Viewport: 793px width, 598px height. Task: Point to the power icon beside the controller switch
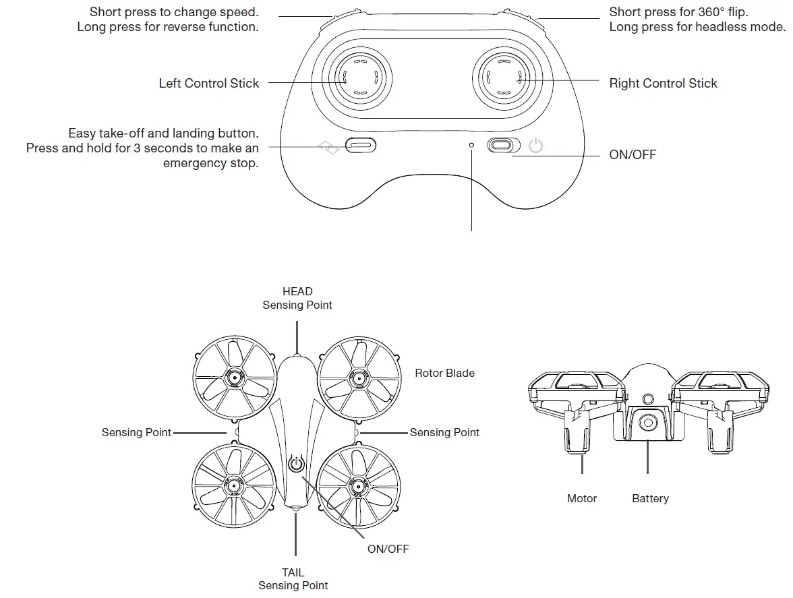point(536,146)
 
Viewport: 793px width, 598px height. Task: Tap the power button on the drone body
point(296,464)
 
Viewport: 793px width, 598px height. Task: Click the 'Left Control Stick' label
point(208,83)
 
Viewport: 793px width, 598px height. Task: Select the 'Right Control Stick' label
point(663,83)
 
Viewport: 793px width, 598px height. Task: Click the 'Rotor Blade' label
point(444,373)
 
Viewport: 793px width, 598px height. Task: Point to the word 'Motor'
point(582,498)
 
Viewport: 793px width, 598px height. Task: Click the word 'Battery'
point(650,498)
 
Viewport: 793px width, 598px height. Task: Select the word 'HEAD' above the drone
point(297,291)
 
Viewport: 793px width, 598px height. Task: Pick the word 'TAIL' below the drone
point(293,572)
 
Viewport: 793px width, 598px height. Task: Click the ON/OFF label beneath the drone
point(388,548)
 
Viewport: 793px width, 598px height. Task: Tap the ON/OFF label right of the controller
point(632,154)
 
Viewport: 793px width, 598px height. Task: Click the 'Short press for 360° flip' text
point(678,12)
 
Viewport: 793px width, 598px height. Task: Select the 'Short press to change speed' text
point(173,12)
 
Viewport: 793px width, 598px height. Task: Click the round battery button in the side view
point(648,422)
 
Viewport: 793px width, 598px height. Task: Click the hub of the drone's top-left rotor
point(235,378)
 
